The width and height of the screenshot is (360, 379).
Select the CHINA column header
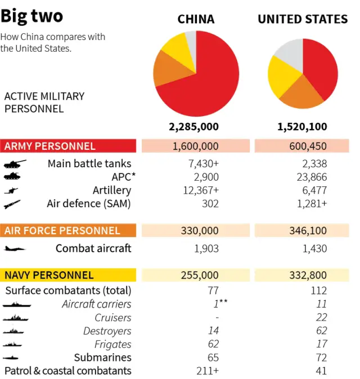tap(196, 19)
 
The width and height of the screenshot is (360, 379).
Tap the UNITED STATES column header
tap(303, 19)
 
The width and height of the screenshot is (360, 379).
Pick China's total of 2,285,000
tap(194, 127)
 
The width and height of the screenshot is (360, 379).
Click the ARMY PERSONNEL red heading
tap(50, 146)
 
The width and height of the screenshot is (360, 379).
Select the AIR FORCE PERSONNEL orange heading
tap(62, 231)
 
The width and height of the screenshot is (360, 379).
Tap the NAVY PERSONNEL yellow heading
tap(49, 275)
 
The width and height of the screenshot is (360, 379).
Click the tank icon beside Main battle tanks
tap(12, 164)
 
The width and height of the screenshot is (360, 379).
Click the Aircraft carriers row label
tap(96, 304)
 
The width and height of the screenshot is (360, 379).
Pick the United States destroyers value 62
tap(321, 331)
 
